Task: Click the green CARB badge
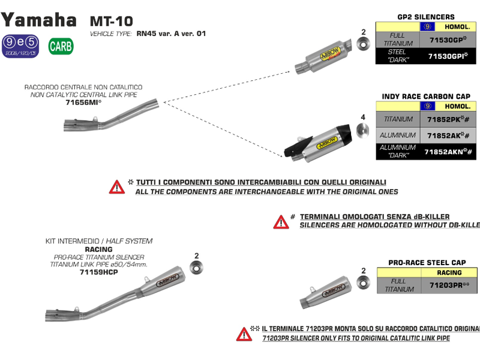61,46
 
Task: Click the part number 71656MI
83,103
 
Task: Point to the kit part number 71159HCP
98,272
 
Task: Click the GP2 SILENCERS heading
426,17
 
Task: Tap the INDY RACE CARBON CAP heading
426,97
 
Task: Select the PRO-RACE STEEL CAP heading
427,263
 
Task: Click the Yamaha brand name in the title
38,20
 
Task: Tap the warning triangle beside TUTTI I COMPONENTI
116,187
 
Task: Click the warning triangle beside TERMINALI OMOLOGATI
281,221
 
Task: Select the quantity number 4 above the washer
363,117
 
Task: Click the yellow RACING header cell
449,272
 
